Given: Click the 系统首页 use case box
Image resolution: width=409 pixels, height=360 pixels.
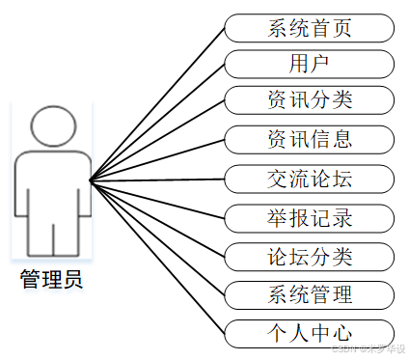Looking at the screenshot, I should pyautogui.click(x=309, y=27).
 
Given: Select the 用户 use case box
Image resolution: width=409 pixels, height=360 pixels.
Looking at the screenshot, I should pyautogui.click(x=309, y=64).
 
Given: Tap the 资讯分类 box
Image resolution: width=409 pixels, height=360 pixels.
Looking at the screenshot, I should pyautogui.click(x=309, y=100).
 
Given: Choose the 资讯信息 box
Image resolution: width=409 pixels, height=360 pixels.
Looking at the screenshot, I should pyautogui.click(x=309, y=139).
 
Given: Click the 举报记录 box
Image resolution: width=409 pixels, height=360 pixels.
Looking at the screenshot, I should pyautogui.click(x=309, y=216).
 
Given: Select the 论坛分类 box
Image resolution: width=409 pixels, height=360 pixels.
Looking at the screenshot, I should pyautogui.click(x=309, y=256).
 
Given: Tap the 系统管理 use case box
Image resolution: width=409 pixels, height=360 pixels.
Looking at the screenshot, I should pyautogui.click(x=309, y=294).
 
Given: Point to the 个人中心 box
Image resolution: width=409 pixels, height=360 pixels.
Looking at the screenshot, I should pyautogui.click(x=309, y=333).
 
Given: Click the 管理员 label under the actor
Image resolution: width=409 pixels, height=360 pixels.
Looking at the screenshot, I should pyautogui.click(x=52, y=281).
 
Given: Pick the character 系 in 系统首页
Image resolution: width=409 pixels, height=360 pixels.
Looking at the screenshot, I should pyautogui.click(x=278, y=27).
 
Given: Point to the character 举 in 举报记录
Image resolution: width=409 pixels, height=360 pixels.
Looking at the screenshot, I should pyautogui.click(x=278, y=216).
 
